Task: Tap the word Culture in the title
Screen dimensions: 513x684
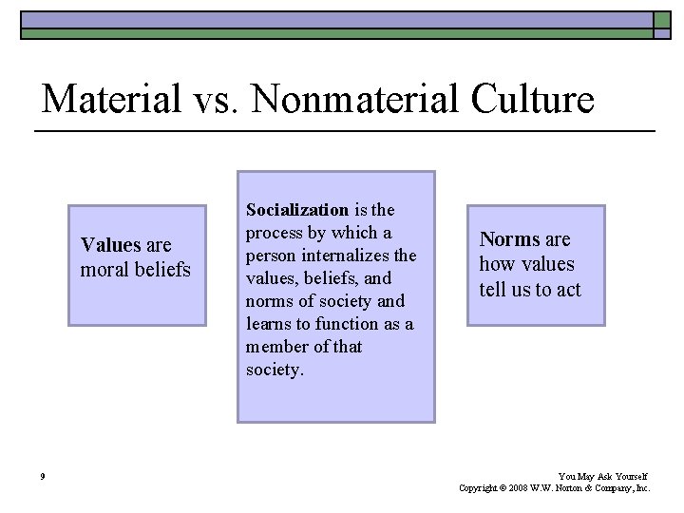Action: click(x=539, y=99)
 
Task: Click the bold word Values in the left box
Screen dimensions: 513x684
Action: click(x=111, y=245)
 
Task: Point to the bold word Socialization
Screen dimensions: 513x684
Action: click(x=297, y=210)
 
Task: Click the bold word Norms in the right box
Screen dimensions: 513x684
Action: click(x=509, y=239)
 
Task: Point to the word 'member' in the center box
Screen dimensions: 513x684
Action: click(x=275, y=347)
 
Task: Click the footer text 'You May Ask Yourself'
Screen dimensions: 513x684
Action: click(x=603, y=476)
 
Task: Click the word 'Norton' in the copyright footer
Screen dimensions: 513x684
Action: click(x=581, y=488)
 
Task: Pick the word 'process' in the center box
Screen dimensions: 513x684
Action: click(x=274, y=233)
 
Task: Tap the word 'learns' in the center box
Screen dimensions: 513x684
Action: click(x=270, y=324)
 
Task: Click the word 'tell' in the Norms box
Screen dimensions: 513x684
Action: click(x=494, y=290)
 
